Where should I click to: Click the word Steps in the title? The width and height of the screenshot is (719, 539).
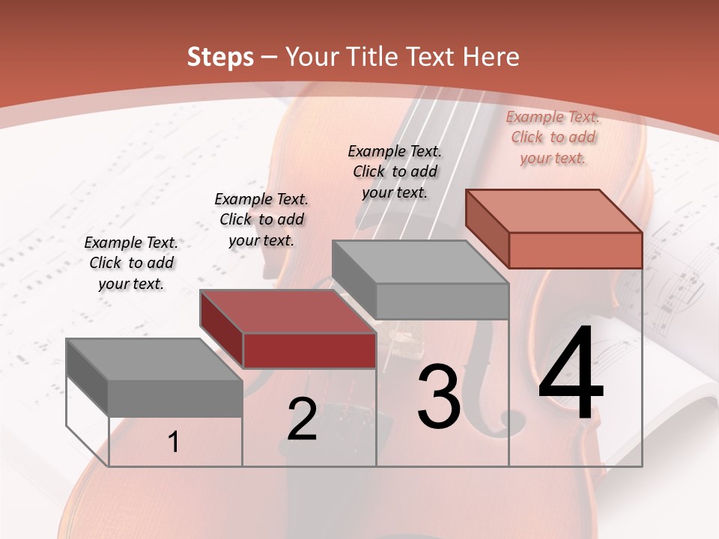click(x=220, y=57)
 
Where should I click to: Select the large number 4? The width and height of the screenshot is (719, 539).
click(x=571, y=374)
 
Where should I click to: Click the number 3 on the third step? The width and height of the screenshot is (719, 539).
click(x=439, y=397)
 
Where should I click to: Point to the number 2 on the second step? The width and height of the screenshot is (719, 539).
click(x=302, y=419)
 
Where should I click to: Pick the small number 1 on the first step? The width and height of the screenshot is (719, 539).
click(x=174, y=442)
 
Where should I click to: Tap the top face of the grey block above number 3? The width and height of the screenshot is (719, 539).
click(x=420, y=262)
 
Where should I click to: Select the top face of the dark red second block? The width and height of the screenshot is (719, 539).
click(x=288, y=311)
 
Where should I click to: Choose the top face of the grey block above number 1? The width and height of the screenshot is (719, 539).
click(x=154, y=359)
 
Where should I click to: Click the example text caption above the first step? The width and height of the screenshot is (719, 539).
click(x=131, y=263)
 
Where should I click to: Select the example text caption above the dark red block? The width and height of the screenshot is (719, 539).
click(x=261, y=219)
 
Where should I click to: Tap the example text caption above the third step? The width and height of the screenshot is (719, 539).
click(x=395, y=171)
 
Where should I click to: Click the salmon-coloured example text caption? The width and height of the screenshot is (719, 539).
click(x=553, y=137)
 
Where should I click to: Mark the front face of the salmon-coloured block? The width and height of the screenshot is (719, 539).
click(x=575, y=250)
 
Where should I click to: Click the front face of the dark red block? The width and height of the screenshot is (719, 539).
click(x=309, y=350)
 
